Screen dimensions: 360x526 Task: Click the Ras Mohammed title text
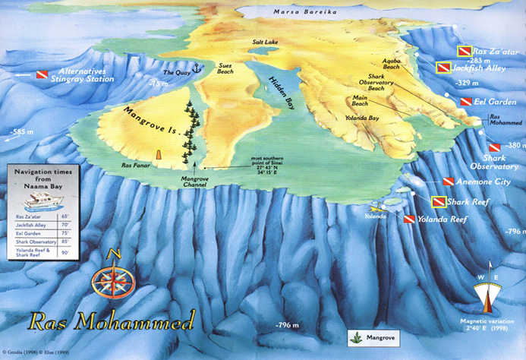[111, 319]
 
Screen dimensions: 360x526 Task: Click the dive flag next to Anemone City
[449, 182]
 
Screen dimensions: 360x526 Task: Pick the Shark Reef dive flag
[438, 202]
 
